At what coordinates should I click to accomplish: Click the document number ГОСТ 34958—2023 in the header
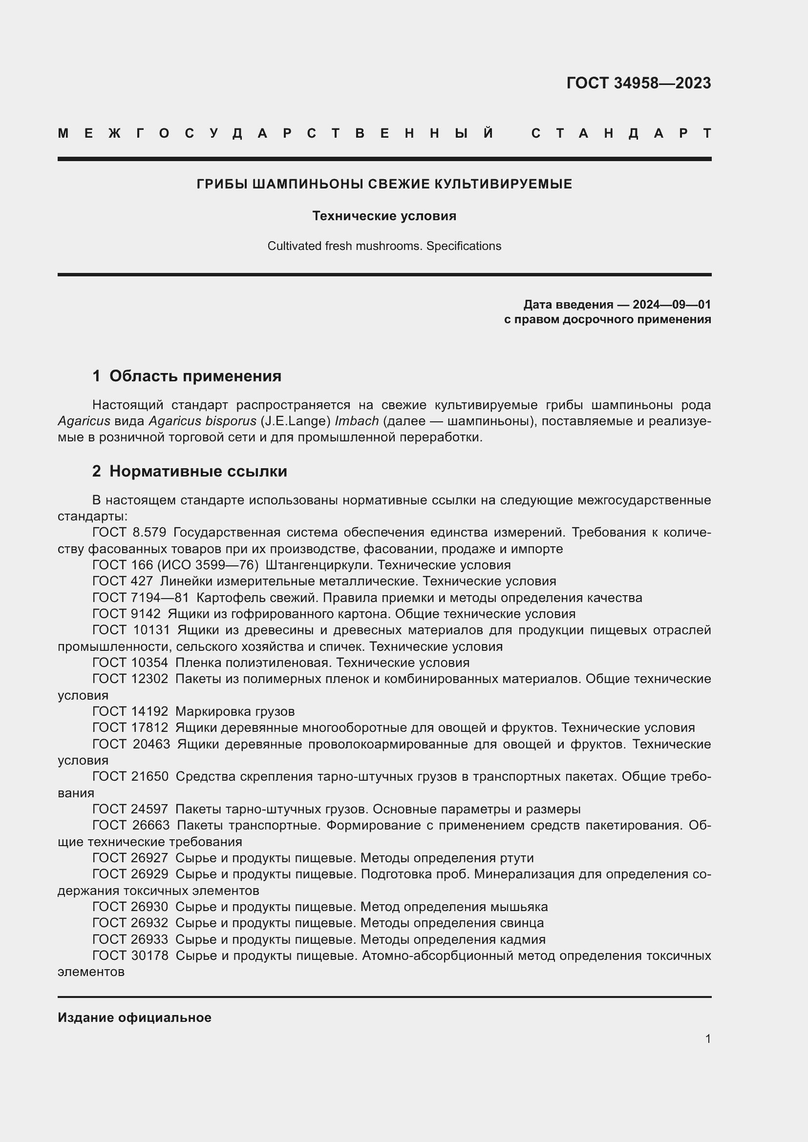tap(638, 83)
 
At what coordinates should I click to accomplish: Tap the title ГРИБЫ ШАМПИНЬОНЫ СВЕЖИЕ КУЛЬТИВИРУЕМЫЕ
tap(384, 184)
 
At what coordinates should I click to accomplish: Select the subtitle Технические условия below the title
tap(384, 216)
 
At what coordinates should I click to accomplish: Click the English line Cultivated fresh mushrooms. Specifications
tap(384, 246)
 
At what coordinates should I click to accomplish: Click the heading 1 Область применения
tap(187, 376)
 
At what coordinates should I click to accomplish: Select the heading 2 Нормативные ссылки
tap(190, 471)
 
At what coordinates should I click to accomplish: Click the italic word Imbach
tap(357, 421)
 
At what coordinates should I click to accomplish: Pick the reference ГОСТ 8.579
tap(129, 533)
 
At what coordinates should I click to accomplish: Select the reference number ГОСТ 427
tap(123, 581)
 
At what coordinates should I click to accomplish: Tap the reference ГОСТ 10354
tap(130, 663)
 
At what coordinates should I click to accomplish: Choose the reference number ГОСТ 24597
tap(130, 809)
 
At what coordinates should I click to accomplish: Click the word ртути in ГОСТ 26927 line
tap(516, 858)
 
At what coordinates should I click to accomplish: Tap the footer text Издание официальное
tap(134, 1017)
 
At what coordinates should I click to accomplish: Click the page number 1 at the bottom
tap(708, 1038)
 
